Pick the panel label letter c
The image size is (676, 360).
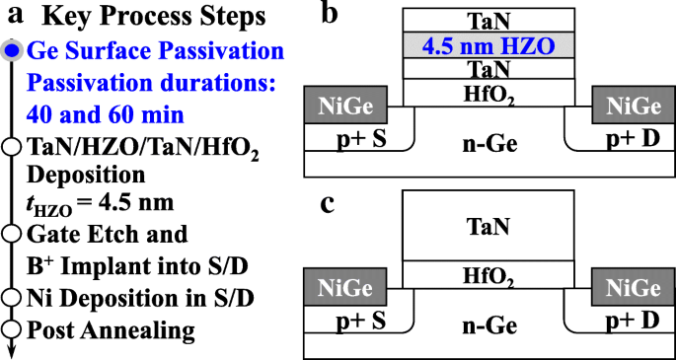[x=331, y=203]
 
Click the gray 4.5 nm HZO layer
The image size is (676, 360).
[x=488, y=45]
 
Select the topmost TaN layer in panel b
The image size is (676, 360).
[x=488, y=20]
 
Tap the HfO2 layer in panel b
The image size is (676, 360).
[x=488, y=94]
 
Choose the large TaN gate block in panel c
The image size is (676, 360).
[x=488, y=227]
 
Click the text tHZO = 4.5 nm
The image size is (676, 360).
[x=95, y=204]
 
